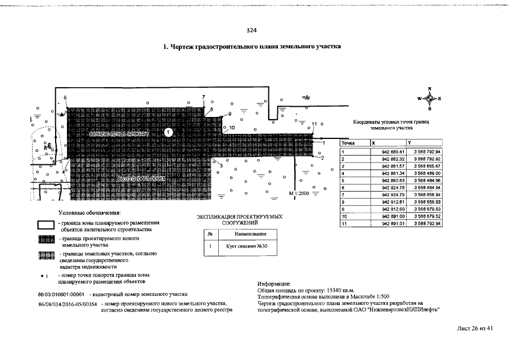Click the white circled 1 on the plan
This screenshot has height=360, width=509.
click(x=168, y=132)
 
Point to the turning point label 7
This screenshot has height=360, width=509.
click(x=204, y=98)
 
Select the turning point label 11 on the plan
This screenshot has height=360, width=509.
click(x=314, y=124)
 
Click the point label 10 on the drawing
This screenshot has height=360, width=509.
click(x=232, y=128)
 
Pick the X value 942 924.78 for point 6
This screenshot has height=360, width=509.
click(x=393, y=187)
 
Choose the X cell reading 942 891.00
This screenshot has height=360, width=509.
click(x=393, y=215)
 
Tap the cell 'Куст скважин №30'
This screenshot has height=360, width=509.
click(x=242, y=246)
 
